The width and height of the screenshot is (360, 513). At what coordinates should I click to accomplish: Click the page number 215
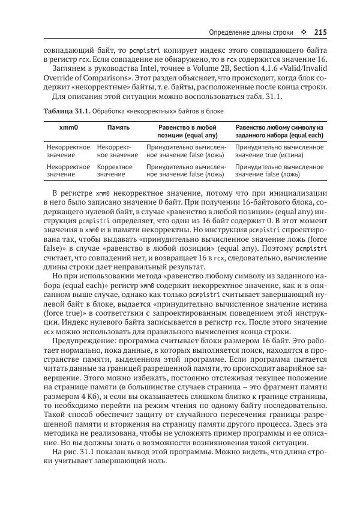pos(320,32)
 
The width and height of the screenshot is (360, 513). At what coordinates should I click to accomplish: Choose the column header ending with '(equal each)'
pos(279,132)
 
